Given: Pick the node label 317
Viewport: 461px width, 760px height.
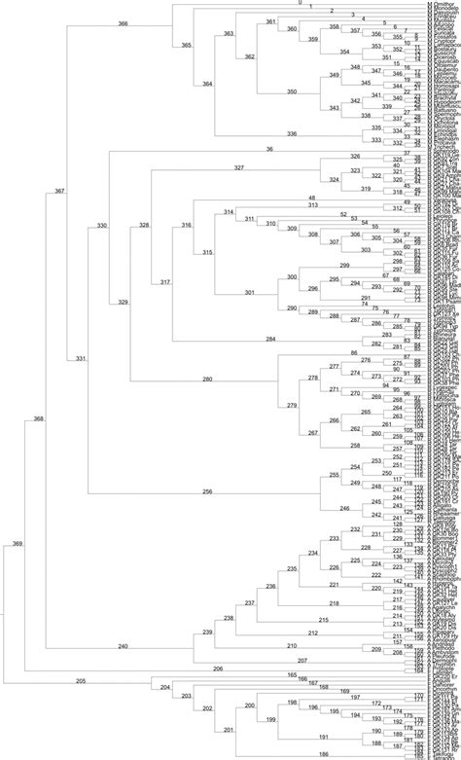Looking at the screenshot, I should [164, 281].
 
